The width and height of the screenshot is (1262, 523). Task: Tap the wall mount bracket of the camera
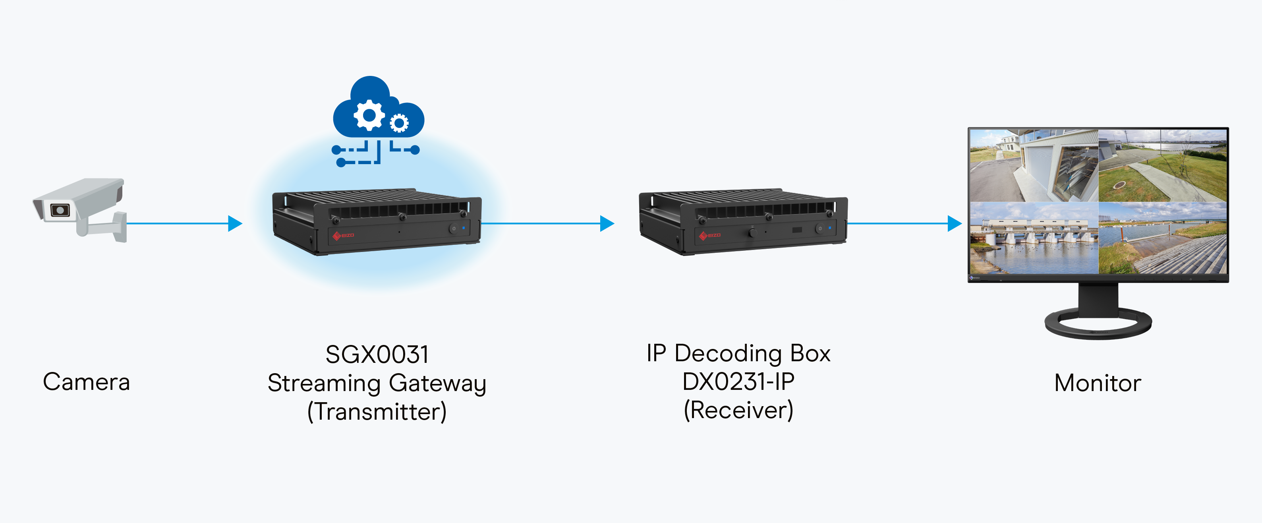(118, 227)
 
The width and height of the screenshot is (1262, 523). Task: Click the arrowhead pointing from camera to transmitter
(235, 223)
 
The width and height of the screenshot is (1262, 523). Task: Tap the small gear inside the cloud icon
(399, 123)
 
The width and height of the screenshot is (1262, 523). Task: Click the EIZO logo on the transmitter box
(344, 236)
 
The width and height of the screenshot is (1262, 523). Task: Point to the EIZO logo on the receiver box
(710, 235)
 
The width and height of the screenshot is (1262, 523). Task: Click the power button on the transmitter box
(454, 229)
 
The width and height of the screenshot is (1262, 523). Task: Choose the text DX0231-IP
(738, 382)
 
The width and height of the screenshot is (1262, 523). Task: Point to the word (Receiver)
(738, 410)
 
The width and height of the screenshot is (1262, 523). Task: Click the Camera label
(86, 382)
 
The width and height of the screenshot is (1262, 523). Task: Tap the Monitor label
(1098, 383)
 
